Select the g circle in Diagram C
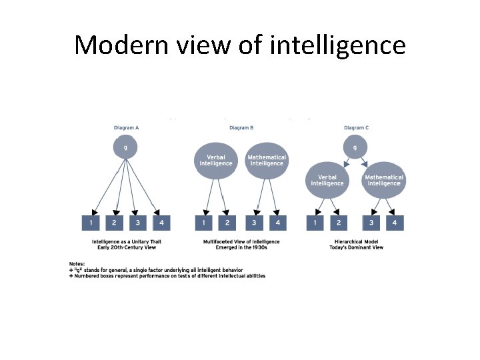click(x=354, y=147)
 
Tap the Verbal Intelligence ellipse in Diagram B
click(x=216, y=161)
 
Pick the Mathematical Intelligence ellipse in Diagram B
click(x=267, y=161)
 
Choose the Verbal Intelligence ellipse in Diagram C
click(x=327, y=180)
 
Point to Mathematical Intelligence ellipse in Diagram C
click(x=383, y=180)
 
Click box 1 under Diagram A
click(x=91, y=223)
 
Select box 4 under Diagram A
click(x=161, y=223)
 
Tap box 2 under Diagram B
click(x=227, y=223)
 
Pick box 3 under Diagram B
click(x=255, y=223)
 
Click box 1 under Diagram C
click(x=315, y=223)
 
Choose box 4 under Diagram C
click(x=395, y=223)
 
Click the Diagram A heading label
click(x=127, y=128)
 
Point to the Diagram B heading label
click(x=241, y=128)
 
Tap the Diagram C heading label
click(x=355, y=128)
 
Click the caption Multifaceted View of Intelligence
click(x=241, y=241)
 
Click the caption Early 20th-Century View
click(x=127, y=247)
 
